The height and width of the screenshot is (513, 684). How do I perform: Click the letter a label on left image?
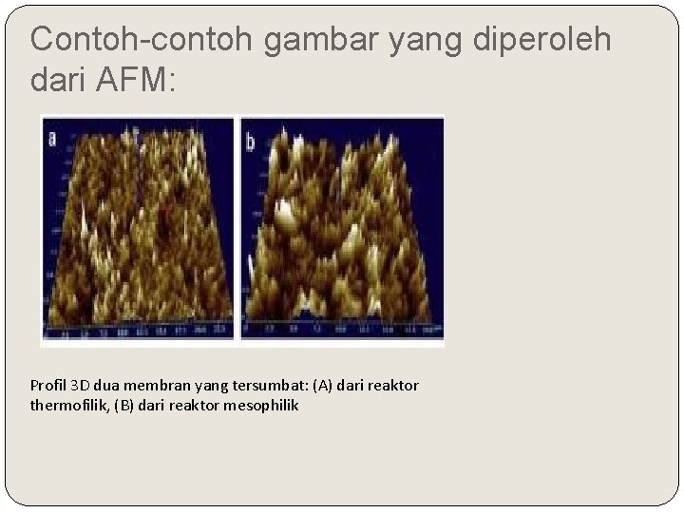tap(51, 139)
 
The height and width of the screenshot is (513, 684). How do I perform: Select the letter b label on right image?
tap(251, 143)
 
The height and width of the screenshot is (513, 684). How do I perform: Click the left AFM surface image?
tap(138, 228)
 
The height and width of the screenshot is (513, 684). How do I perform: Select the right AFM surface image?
tap(342, 228)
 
